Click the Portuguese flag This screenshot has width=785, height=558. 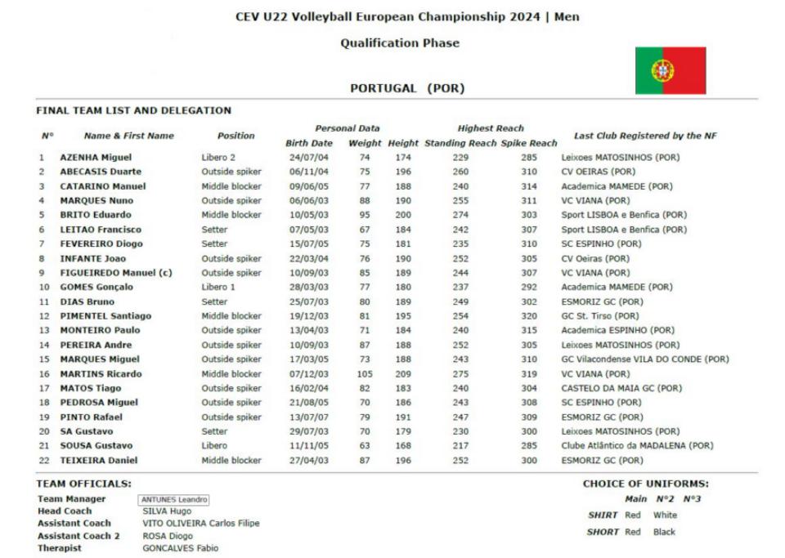pyautogui.click(x=671, y=70)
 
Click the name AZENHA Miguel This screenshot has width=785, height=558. pyautogui.click(x=96, y=157)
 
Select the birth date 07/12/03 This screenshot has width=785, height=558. pyautogui.click(x=308, y=373)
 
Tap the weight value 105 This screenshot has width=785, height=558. pyautogui.click(x=365, y=373)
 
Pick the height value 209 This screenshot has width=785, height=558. pyautogui.click(x=403, y=373)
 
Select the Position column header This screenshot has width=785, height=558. pyautogui.click(x=235, y=136)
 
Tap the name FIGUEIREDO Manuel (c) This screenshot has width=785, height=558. pyautogui.click(x=115, y=272)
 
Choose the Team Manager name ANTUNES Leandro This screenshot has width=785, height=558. pyautogui.click(x=173, y=499)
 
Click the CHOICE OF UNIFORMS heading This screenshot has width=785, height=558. pyautogui.click(x=645, y=484)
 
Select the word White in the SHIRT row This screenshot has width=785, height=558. pyautogui.click(x=666, y=516)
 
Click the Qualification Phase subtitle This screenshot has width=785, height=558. pyautogui.click(x=400, y=43)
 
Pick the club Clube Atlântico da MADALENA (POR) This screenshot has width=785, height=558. pyautogui.click(x=637, y=445)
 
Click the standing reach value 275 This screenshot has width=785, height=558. pyautogui.click(x=461, y=373)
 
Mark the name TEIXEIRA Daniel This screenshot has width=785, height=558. pyautogui.click(x=99, y=460)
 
